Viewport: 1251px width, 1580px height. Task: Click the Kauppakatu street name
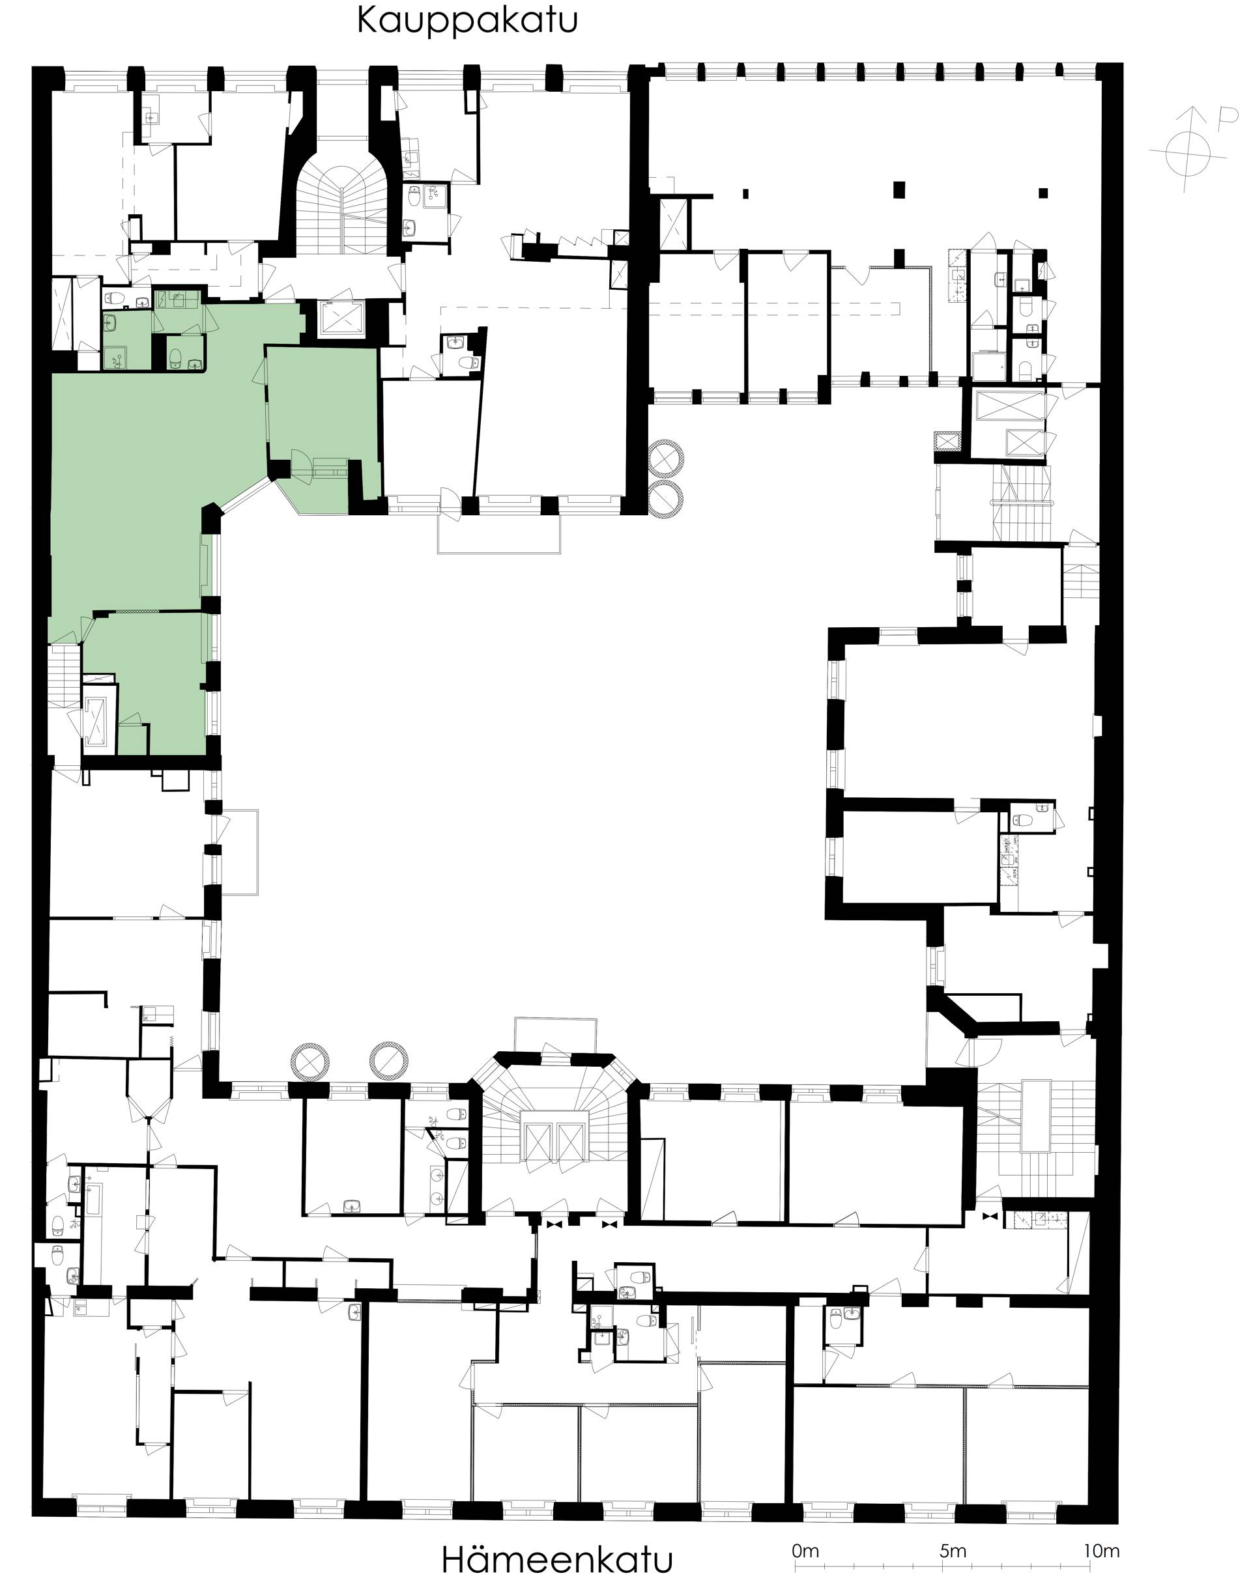[x=467, y=21]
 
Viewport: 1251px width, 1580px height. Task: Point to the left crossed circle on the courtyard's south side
[x=310, y=1061]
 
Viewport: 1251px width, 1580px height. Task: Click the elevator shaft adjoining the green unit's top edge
[x=341, y=317]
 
